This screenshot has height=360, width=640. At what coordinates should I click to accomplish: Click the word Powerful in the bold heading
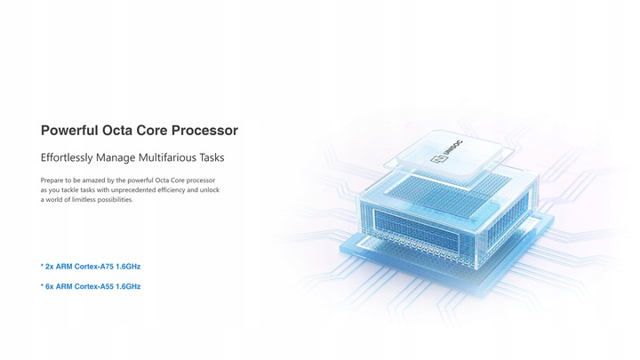click(x=69, y=130)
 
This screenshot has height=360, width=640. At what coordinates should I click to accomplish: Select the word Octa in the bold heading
click(x=117, y=130)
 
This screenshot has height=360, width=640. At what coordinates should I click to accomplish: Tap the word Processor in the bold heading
click(x=204, y=130)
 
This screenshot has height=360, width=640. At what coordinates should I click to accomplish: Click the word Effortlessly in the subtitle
click(x=67, y=157)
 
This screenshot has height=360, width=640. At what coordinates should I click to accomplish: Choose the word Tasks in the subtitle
click(x=212, y=157)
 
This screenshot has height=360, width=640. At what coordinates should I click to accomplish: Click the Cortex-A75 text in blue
click(x=94, y=267)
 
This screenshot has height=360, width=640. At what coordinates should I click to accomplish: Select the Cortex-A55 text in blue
click(x=94, y=286)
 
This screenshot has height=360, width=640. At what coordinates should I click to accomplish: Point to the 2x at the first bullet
click(x=50, y=267)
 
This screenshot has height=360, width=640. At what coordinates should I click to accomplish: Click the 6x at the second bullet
click(x=50, y=286)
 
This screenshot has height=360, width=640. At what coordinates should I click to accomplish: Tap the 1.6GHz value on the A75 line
click(x=128, y=267)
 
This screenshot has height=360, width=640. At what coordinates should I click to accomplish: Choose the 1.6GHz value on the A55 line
click(x=128, y=286)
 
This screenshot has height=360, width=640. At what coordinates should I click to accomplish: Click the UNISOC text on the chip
click(x=452, y=149)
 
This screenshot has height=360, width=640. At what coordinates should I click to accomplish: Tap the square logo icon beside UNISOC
click(x=439, y=160)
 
